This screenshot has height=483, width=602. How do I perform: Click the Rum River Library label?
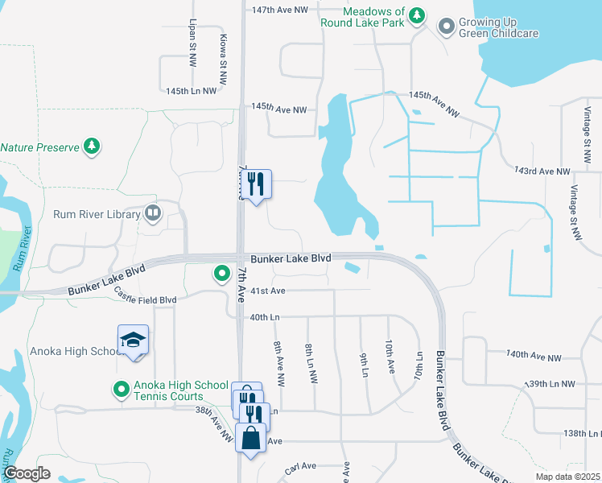[97, 214]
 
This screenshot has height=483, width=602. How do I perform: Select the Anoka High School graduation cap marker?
[134, 341]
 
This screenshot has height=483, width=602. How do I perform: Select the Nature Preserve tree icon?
[93, 147]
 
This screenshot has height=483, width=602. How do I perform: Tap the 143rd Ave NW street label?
[542, 171]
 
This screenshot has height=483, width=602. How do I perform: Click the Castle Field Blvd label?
[145, 295]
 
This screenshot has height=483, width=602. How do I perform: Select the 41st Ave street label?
[268, 291]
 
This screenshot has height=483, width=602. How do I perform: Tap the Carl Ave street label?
[303, 468]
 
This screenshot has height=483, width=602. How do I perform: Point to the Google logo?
[27, 473]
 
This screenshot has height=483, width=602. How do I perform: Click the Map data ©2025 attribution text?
[567, 477]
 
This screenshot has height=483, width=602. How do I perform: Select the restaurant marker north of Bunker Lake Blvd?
[258, 184]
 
